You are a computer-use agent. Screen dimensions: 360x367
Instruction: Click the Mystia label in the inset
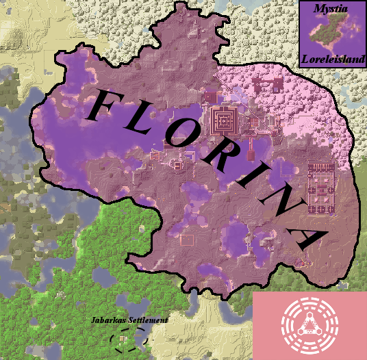click(331, 8)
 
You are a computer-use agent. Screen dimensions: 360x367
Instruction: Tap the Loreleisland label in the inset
click(331, 60)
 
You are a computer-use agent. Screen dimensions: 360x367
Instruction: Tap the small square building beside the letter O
click(179, 164)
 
